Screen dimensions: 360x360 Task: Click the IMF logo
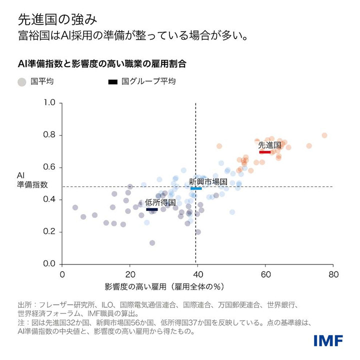(328, 340)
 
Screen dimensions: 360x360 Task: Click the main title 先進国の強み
(54, 19)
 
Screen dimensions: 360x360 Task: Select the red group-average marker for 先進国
(265, 151)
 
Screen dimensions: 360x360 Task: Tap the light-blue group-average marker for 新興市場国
(196, 188)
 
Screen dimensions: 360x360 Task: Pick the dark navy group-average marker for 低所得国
(151, 209)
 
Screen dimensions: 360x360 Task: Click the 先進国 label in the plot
(269, 145)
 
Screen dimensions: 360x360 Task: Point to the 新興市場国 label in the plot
(208, 181)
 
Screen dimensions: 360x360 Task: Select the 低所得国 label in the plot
(160, 202)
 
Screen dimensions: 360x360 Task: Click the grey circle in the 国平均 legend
(21, 81)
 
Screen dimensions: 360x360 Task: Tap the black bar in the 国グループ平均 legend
(113, 81)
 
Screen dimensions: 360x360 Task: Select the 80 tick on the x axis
(333, 274)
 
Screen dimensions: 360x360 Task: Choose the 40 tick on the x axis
(198, 274)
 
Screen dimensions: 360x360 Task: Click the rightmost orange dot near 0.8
(324, 135)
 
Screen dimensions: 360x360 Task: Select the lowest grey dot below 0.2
(152, 243)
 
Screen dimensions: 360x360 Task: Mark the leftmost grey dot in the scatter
(75, 207)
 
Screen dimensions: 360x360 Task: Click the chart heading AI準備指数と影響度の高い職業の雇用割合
(102, 64)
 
